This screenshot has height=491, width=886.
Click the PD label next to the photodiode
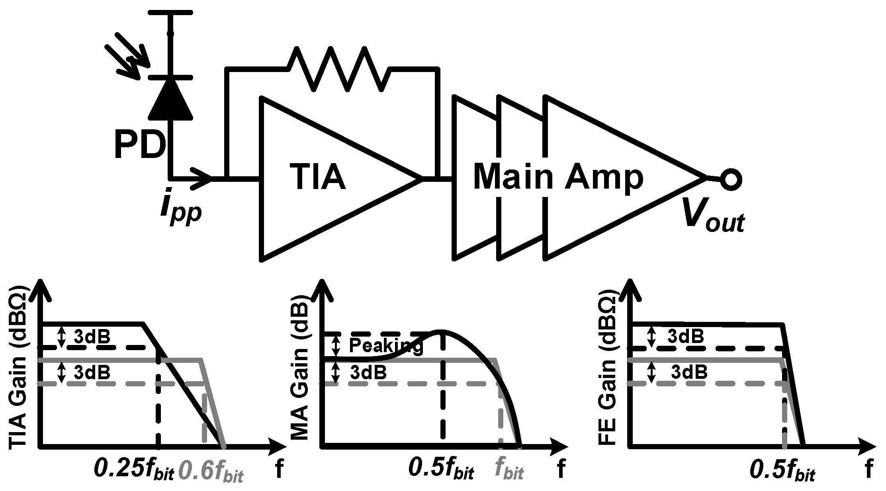click(139, 146)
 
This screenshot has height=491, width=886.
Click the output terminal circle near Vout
click(731, 179)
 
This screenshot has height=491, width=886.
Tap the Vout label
click(712, 215)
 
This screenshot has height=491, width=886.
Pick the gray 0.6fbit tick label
click(211, 470)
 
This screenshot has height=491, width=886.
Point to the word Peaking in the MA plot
click(385, 346)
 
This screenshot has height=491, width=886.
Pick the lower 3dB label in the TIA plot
click(92, 372)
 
